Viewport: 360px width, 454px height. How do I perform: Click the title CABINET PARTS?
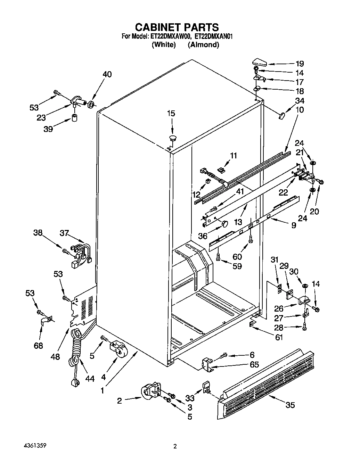pyautogui.click(x=177, y=27)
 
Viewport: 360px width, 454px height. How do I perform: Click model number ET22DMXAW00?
pyautogui.click(x=170, y=36)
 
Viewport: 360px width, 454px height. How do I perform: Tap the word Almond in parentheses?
pyautogui.click(x=203, y=44)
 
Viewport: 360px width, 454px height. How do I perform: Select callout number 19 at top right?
pyautogui.click(x=300, y=64)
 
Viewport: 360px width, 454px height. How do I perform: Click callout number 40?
pyautogui.click(x=107, y=74)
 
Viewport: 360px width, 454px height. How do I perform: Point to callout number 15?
pyautogui.click(x=171, y=113)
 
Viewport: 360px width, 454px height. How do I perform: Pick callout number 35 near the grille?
pyautogui.click(x=290, y=405)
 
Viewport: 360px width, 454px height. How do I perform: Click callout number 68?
pyautogui.click(x=38, y=345)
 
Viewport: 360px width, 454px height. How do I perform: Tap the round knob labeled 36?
pyautogui.click(x=225, y=223)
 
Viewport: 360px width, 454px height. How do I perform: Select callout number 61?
pyautogui.click(x=278, y=337)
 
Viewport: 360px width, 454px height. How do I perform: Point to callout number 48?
pyautogui.click(x=55, y=356)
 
